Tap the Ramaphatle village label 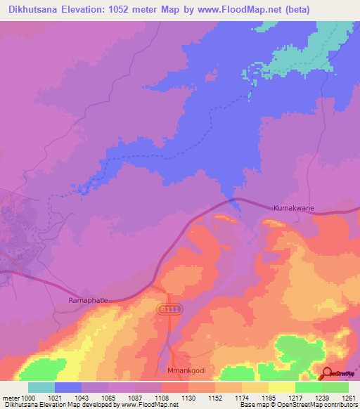87,300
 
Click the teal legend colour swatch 41,388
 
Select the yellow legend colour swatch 281,388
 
